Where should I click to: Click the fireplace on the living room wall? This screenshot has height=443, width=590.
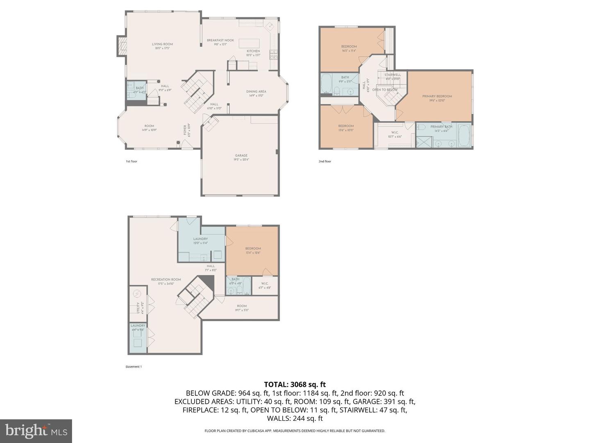tap(121, 46)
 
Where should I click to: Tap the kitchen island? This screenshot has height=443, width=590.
tap(250, 43)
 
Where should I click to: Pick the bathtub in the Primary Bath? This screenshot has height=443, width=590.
tap(464, 136)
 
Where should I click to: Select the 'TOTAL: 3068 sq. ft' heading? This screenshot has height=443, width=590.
tap(295, 384)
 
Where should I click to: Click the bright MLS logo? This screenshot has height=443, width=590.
tap(36, 431)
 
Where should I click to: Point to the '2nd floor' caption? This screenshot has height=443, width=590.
tap(324, 162)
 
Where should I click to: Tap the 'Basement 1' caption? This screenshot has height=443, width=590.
tap(134, 367)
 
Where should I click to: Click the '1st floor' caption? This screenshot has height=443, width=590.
tap(132, 162)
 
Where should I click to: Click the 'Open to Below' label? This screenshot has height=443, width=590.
tap(385, 90)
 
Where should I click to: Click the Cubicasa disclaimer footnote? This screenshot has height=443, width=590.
tap(295, 431)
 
